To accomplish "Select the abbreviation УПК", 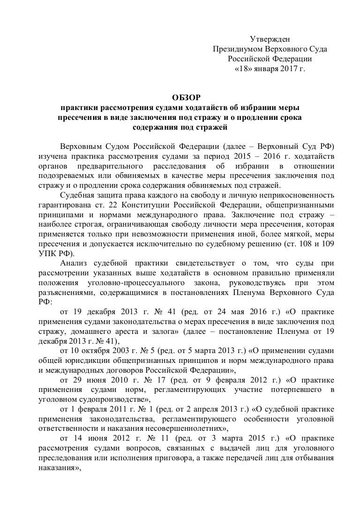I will click(x=47, y=253).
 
